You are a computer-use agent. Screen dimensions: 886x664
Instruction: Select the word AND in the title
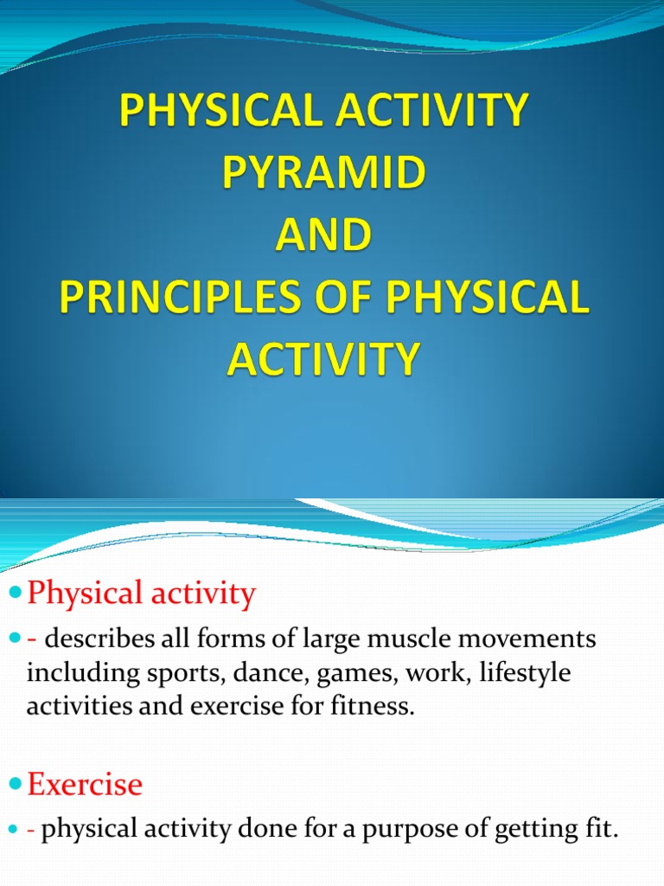[324, 235]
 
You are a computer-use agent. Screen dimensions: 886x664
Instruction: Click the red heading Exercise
[85, 785]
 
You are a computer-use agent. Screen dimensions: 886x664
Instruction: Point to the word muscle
[405, 639]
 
